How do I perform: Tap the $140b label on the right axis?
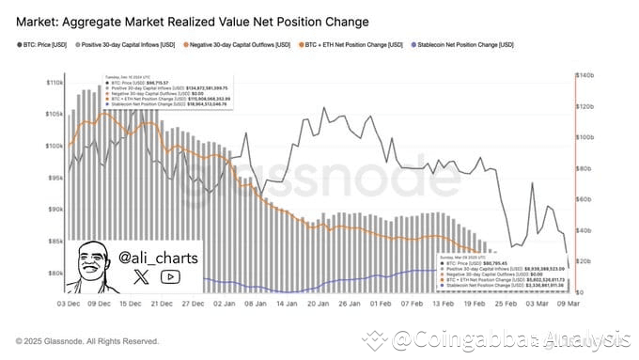586,74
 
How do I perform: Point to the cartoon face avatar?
96,265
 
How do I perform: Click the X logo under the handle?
142,276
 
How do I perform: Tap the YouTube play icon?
171,276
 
